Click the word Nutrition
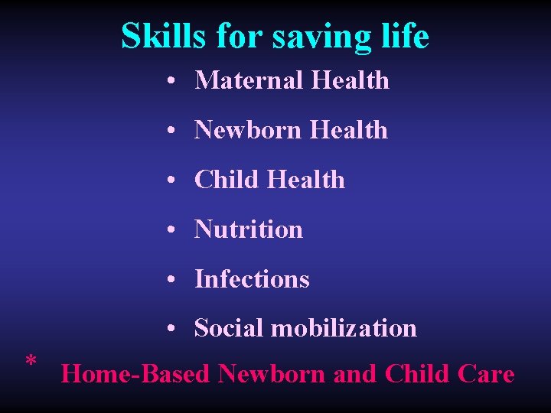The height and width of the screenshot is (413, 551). tap(249, 229)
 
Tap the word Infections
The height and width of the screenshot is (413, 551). tap(252, 279)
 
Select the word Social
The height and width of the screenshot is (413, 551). tap(229, 328)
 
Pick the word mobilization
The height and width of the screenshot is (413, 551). tap(344, 328)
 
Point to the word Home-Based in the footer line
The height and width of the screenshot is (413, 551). tap(135, 374)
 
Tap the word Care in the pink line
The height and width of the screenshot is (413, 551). tap(485, 374)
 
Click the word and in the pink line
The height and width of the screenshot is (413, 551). tap(355, 374)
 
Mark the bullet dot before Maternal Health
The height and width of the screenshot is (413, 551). tap(175, 81)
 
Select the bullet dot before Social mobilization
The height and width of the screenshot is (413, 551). tap(175, 329)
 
